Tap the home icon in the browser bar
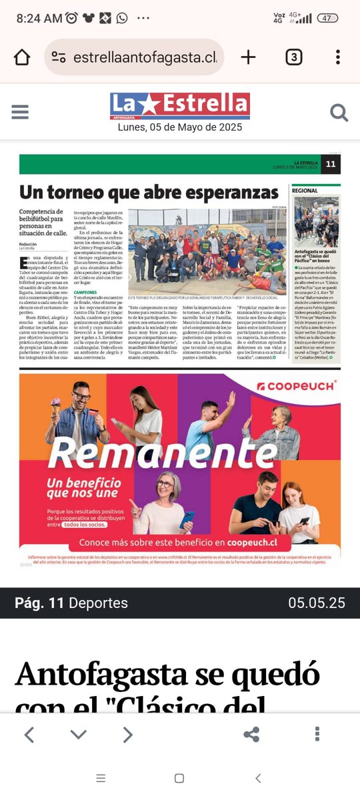pos(22,57)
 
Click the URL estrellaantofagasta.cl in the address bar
pos(145,58)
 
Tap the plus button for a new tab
pos(248,57)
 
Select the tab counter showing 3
pos(293,57)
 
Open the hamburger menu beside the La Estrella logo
pos(20,112)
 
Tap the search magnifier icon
pos(339,113)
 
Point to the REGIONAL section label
pos(305,191)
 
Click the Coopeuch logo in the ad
pos(296,385)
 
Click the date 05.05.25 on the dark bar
pos(317,603)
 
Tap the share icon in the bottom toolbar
pos(251,735)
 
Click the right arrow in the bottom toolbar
pos(127,735)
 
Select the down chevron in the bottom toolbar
pos(78,735)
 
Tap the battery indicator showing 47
pos(327,18)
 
